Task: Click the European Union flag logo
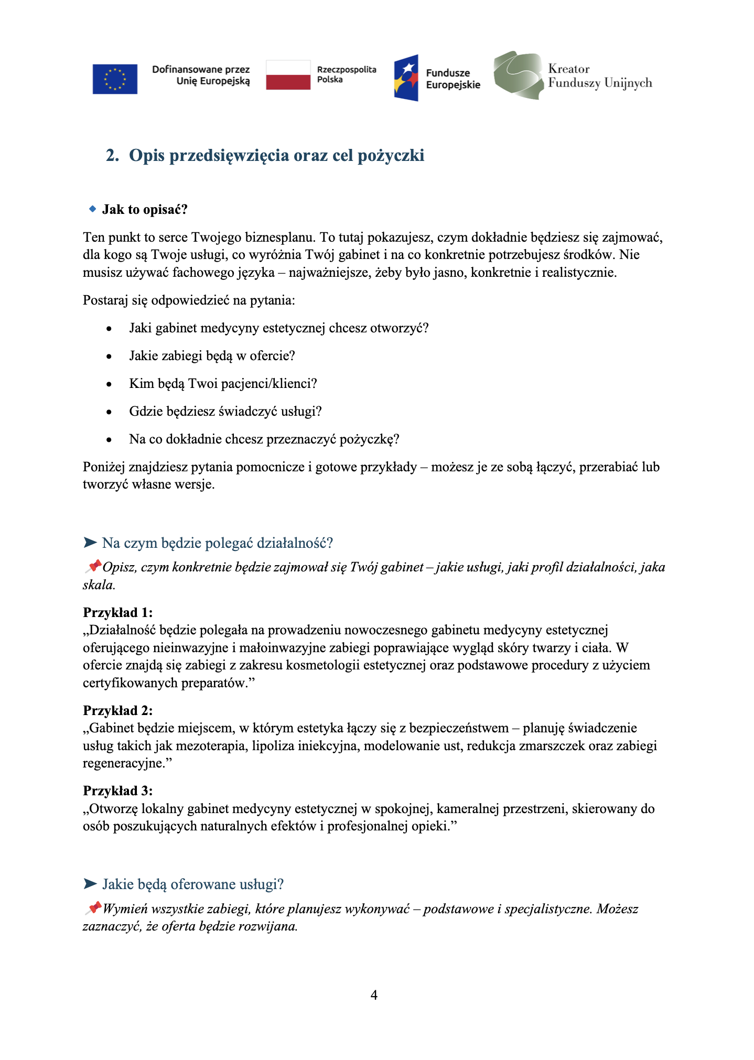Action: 115,79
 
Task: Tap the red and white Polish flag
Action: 288,75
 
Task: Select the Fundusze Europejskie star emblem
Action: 406,78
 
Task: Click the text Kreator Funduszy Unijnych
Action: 599,76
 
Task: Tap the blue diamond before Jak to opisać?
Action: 93,209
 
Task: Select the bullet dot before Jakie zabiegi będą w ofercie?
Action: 109,356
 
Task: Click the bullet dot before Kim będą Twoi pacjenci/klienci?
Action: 109,384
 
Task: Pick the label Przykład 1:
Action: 117,612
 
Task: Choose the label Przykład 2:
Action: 117,710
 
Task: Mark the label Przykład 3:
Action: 117,791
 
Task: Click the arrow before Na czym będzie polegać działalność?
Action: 90,542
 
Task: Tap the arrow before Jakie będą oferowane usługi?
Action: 90,884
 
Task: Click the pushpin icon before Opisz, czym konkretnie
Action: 93,566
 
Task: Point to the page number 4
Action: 374,995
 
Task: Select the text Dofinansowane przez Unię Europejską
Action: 201,75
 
